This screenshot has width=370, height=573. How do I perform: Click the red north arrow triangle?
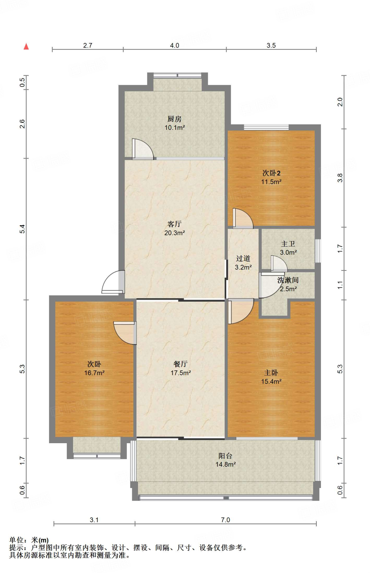pyautogui.click(x=26, y=46)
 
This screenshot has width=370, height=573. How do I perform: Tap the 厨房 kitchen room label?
pyautogui.click(x=174, y=119)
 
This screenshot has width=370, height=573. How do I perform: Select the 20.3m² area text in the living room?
pyautogui.click(x=174, y=233)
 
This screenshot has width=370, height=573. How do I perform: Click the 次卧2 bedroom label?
pyautogui.click(x=271, y=173)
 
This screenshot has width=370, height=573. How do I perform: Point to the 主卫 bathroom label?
pyautogui.click(x=288, y=244)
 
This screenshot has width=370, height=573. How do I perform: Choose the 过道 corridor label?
pyautogui.click(x=243, y=259)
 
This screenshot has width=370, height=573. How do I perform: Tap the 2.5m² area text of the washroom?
pyautogui.click(x=288, y=289)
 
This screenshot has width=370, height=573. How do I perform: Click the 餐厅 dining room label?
pyautogui.click(x=180, y=364)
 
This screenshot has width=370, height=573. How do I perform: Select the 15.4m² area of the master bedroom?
pyautogui.click(x=271, y=381)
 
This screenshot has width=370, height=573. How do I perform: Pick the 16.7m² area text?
pyautogui.click(x=94, y=373)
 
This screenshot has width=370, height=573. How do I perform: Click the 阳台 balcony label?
pyautogui.click(x=225, y=456)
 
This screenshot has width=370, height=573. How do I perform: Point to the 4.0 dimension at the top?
pyautogui.click(x=174, y=45)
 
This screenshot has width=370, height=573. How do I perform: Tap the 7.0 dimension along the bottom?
pyautogui.click(x=225, y=520)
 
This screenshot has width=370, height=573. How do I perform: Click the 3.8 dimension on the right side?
pyautogui.click(x=340, y=178)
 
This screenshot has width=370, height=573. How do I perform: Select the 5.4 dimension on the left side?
pyautogui.click(x=22, y=229)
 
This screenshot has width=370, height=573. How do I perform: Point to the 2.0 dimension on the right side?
pyautogui.click(x=340, y=102)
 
